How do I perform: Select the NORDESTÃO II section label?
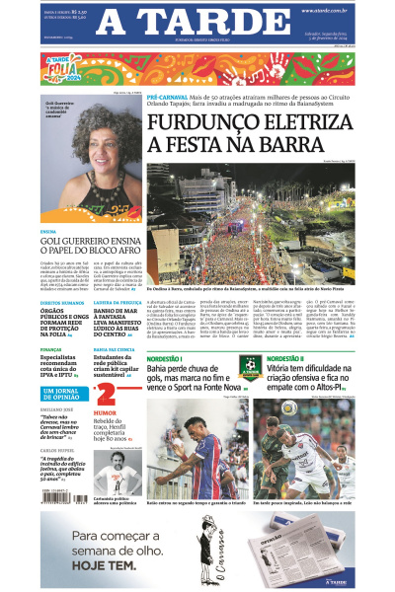288,358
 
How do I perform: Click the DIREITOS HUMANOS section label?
61,303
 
